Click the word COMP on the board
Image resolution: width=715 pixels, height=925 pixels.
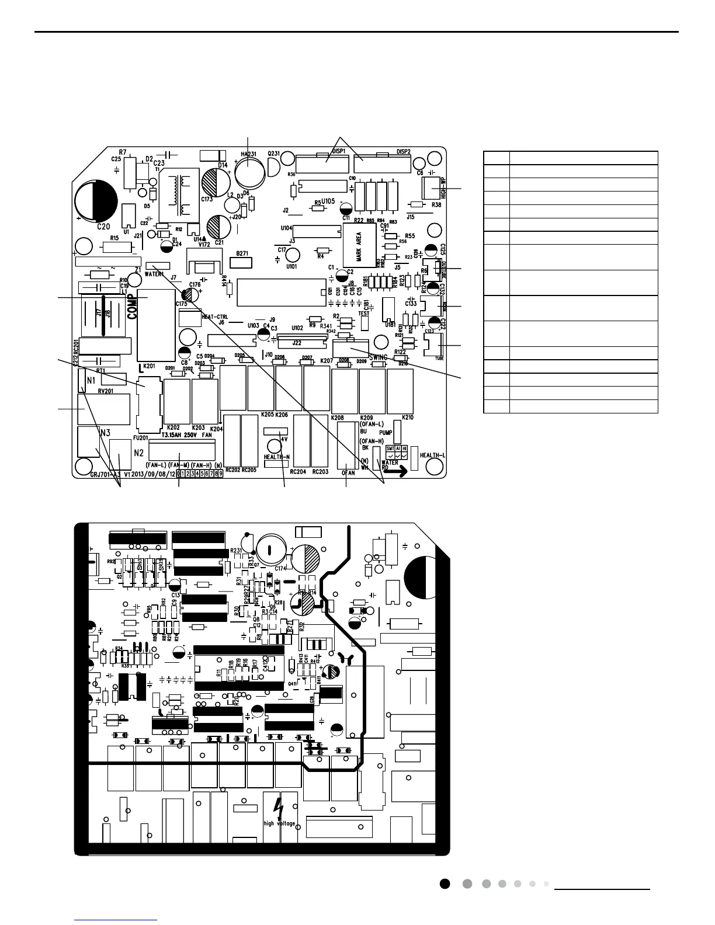[x=133, y=307]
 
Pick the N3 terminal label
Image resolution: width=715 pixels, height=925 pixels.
[x=106, y=433]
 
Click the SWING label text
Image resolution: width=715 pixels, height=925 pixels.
[x=379, y=357]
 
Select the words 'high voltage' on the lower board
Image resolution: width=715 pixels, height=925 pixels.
[x=280, y=824]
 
